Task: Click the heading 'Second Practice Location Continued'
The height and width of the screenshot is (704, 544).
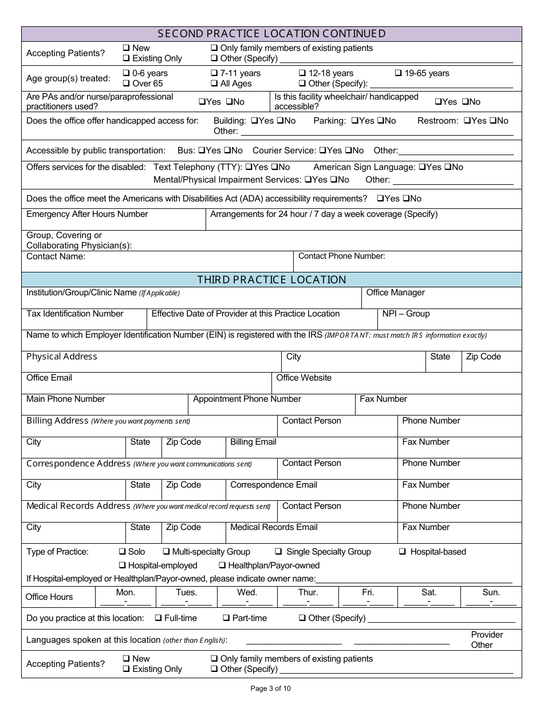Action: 271,34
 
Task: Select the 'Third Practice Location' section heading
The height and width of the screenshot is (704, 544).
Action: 271,280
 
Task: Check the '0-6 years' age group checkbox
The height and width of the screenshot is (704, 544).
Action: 126,73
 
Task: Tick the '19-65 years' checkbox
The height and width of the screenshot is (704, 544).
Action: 399,73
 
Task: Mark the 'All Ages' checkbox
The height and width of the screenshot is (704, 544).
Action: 214,84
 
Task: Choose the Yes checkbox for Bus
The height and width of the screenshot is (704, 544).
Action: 201,151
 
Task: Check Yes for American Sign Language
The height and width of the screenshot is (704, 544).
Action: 422,167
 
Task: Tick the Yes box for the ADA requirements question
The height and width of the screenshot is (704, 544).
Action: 380,199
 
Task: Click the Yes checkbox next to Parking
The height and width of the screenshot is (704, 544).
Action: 354,121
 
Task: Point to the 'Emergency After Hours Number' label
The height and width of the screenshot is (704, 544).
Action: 87,214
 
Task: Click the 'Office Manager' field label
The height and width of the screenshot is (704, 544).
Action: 395,292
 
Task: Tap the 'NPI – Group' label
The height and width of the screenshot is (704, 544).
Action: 406,314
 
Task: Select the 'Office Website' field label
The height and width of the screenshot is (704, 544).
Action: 303,378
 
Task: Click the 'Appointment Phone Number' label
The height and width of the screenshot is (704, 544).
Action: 247,399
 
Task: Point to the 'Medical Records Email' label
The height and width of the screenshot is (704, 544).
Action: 274,527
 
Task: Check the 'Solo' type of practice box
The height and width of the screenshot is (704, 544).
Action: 122,552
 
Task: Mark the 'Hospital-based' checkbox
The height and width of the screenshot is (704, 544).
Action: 403,552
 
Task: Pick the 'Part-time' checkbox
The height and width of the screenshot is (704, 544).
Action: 227,618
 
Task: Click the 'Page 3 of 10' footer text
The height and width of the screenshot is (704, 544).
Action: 271,689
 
